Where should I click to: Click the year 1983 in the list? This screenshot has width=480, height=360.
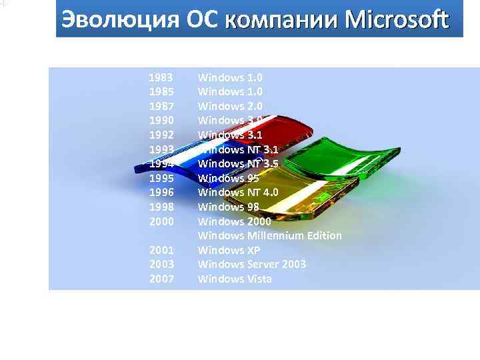[x=161, y=77]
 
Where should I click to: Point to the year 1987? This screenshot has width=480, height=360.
[x=161, y=106]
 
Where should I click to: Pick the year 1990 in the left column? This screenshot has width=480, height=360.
[x=161, y=121]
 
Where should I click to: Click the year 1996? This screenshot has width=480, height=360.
[x=161, y=193]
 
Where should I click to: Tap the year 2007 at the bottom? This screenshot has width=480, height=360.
[x=161, y=279]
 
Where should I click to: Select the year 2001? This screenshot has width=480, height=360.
[x=161, y=250]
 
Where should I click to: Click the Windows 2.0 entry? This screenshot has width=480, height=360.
[x=230, y=106]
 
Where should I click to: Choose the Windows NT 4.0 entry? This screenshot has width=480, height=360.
[x=238, y=193]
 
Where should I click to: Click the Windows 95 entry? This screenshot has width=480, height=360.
[x=228, y=178]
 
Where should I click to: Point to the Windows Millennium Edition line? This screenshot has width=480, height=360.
[x=270, y=235]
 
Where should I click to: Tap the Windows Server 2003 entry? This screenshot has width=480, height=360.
[x=252, y=264]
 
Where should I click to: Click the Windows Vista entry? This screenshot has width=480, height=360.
[x=235, y=279]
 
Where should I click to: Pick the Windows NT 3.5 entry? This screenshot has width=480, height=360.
[x=238, y=163]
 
